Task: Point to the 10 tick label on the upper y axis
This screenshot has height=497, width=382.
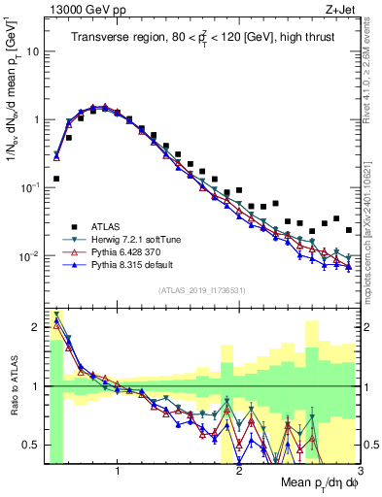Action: coord(32,51)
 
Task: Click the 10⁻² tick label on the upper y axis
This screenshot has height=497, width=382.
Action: coord(31,256)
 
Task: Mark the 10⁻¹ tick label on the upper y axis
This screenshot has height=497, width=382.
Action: coord(31,188)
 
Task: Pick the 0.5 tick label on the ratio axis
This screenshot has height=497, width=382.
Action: coord(31,446)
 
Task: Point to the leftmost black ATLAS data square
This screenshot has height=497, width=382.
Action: coord(56,179)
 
